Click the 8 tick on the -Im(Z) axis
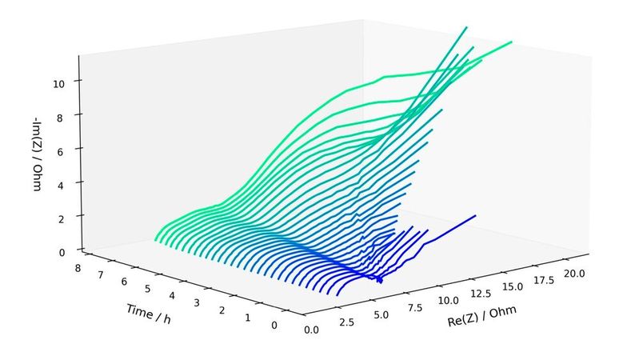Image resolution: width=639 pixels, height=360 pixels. coord(70,115)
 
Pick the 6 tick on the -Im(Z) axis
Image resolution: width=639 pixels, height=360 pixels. coord(70,149)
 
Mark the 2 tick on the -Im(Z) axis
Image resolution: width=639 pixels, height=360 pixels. coord(70,216)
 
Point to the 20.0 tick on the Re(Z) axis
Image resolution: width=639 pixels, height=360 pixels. coord(573,274)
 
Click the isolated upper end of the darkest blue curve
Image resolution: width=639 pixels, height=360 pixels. coord(476,215)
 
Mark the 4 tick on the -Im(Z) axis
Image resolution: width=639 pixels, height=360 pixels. coord(70,182)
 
